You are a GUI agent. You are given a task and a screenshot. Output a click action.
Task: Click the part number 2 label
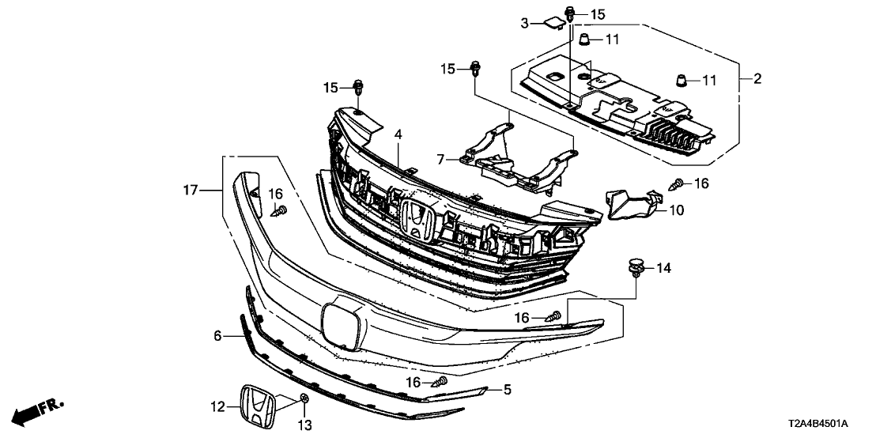click(x=757, y=78)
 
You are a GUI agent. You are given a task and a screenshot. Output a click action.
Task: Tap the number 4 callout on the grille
click(x=399, y=135)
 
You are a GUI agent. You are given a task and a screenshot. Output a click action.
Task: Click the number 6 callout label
click(x=219, y=336)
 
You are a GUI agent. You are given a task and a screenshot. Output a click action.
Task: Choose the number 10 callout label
click(x=676, y=211)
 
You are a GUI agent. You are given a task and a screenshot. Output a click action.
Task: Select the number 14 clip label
click(x=663, y=269)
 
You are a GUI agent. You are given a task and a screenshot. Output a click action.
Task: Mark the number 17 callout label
click(x=191, y=190)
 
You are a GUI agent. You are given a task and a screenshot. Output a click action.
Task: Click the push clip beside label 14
click(x=636, y=267)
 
